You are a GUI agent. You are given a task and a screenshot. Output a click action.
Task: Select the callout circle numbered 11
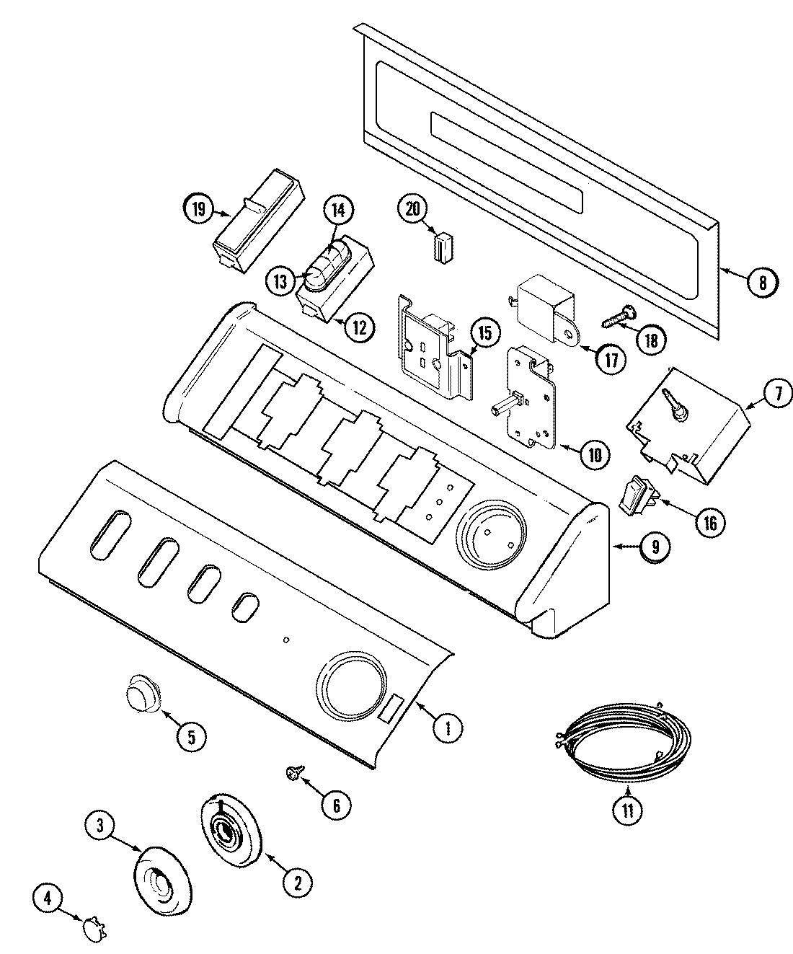(x=627, y=809)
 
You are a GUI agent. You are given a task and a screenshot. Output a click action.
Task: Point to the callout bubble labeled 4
(x=48, y=898)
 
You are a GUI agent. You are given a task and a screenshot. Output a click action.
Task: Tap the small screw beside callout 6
(x=294, y=773)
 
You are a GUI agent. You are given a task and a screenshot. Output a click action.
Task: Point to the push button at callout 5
(x=138, y=694)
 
